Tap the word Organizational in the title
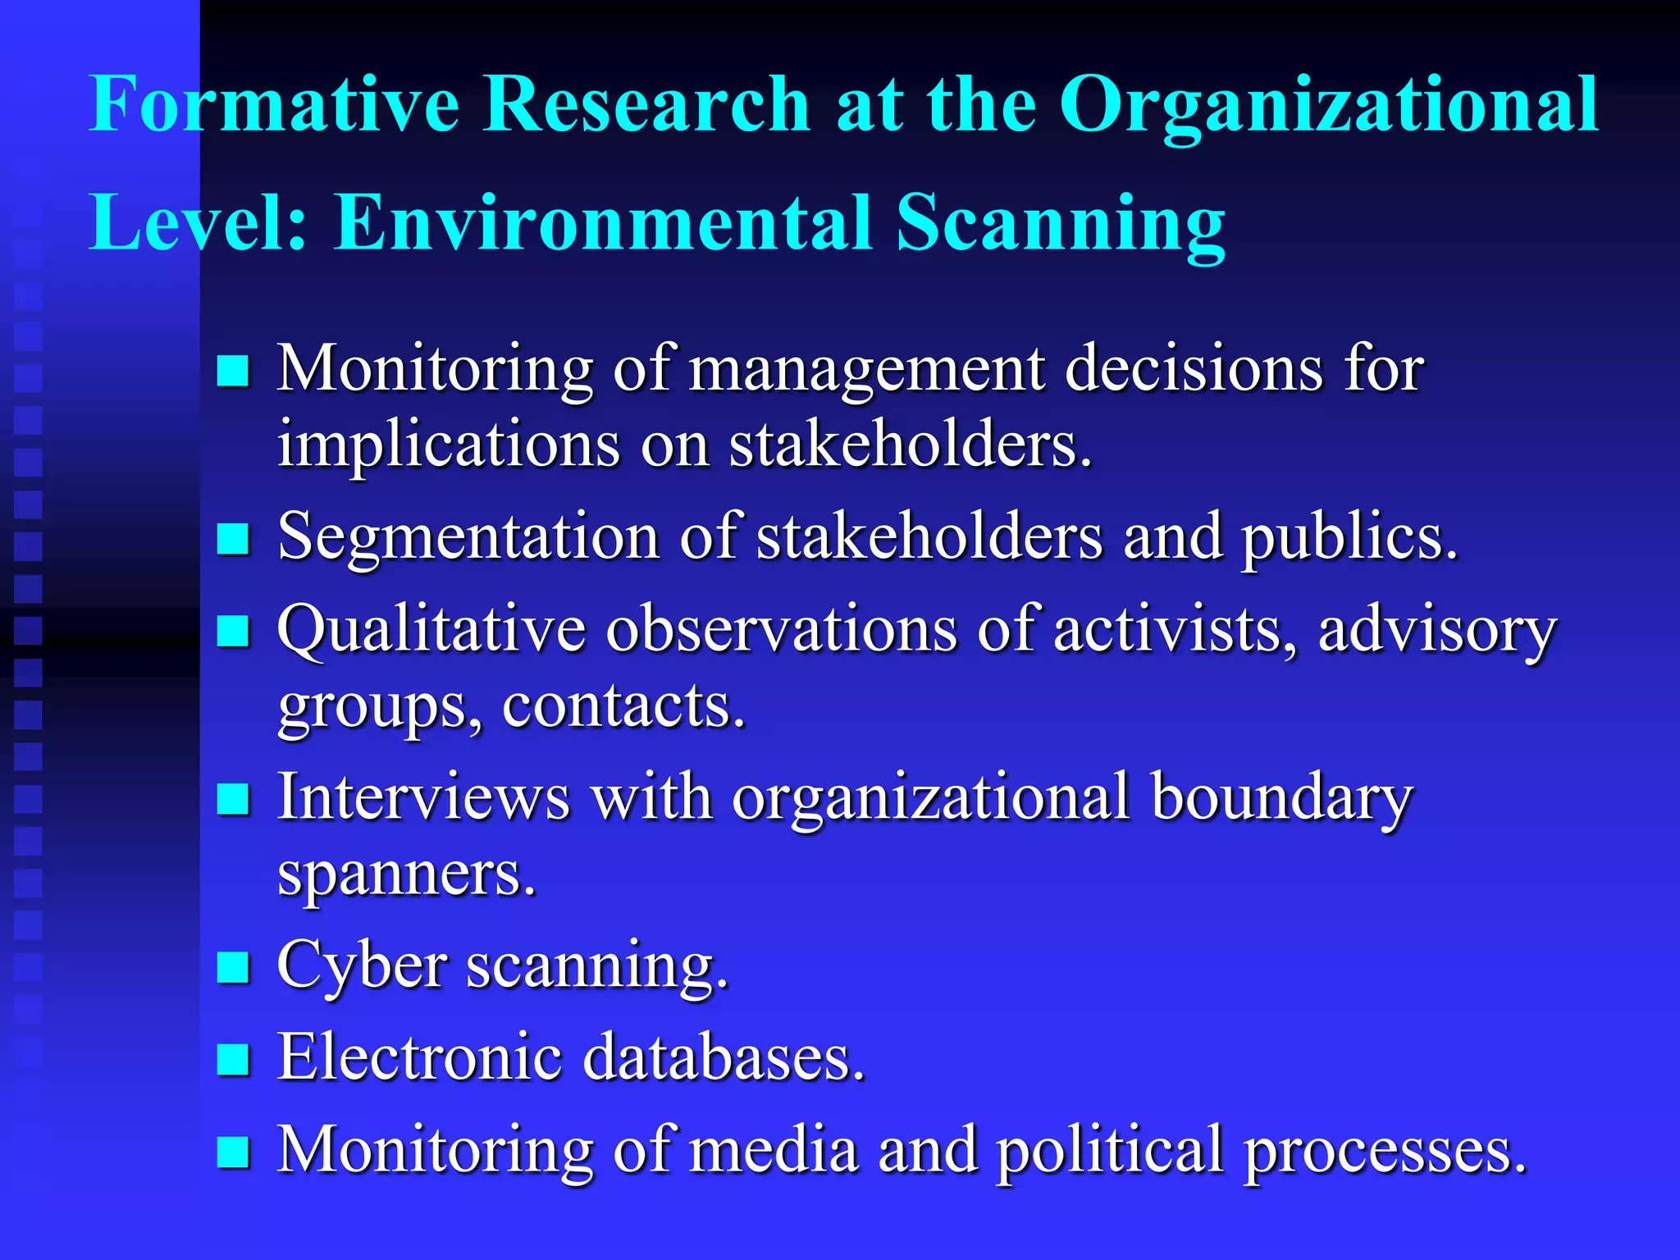pos(1329,107)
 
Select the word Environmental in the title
pos(603,223)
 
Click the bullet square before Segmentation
pos(233,540)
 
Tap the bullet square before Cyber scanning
pos(233,967)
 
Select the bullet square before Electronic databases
pos(233,1059)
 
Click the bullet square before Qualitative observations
pos(233,632)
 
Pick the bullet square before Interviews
pos(233,799)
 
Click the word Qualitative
pos(431,630)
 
